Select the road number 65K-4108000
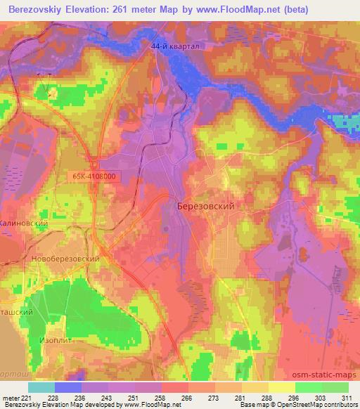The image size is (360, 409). coord(94,178)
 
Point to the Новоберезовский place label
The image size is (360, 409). coord(65,259)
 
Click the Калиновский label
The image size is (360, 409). coord(23,223)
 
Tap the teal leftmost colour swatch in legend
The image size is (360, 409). coord(41,387)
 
